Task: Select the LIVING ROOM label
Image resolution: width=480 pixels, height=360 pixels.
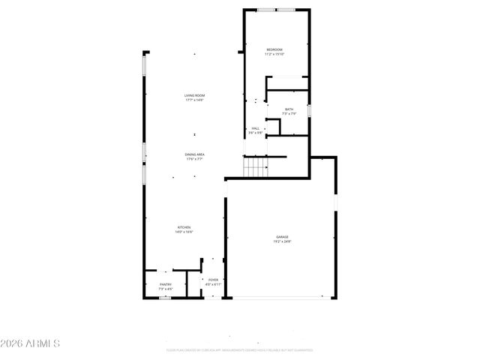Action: pos(195,95)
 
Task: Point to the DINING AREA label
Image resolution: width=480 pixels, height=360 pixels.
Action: pos(195,154)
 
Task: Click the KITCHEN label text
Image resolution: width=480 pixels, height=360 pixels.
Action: pos(184,227)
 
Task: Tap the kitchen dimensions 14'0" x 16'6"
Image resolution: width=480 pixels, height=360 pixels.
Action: pos(184,232)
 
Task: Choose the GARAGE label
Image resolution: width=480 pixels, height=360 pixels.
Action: pos(281,237)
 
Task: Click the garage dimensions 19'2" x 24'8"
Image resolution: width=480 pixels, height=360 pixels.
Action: pos(281,241)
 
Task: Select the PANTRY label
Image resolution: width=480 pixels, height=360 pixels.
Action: pos(166,284)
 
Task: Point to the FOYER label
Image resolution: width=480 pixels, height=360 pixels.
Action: pos(214,280)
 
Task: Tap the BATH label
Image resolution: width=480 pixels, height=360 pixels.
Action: pos(289,109)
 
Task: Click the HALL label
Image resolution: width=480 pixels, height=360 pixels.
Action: pos(256,128)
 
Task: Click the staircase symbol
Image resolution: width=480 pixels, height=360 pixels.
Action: pos(256,166)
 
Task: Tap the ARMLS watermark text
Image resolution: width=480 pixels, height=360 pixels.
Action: pos(31,343)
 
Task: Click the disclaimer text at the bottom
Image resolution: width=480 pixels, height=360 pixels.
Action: pos(240,349)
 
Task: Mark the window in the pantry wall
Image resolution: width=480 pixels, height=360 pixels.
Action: pos(164,298)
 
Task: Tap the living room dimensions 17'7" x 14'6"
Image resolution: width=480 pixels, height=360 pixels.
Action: pos(195,100)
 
